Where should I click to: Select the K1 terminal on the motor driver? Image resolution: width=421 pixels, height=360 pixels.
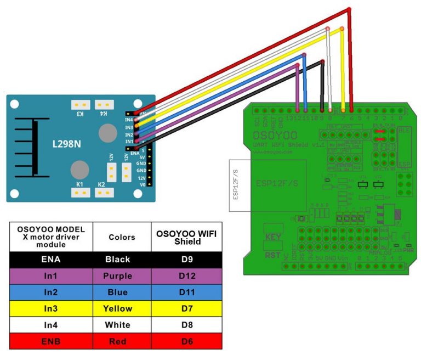click(80, 184)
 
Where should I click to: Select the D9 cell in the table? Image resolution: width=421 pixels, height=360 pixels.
click(187, 260)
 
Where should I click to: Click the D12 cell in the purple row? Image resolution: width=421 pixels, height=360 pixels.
click(187, 276)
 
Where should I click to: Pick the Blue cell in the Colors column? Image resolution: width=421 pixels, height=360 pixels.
click(122, 292)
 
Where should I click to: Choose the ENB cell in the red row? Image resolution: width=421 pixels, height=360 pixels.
click(50, 341)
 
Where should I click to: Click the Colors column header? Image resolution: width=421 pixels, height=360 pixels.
click(122, 237)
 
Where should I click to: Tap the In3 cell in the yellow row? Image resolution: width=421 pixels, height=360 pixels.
click(50, 308)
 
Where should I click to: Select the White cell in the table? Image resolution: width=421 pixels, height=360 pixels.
click(122, 325)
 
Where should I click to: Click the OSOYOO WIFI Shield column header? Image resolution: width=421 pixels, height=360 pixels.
click(187, 237)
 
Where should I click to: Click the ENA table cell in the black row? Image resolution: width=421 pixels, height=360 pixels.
click(50, 260)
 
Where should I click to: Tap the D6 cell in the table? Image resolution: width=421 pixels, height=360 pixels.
click(187, 341)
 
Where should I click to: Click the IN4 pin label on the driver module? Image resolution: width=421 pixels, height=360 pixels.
click(129, 120)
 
